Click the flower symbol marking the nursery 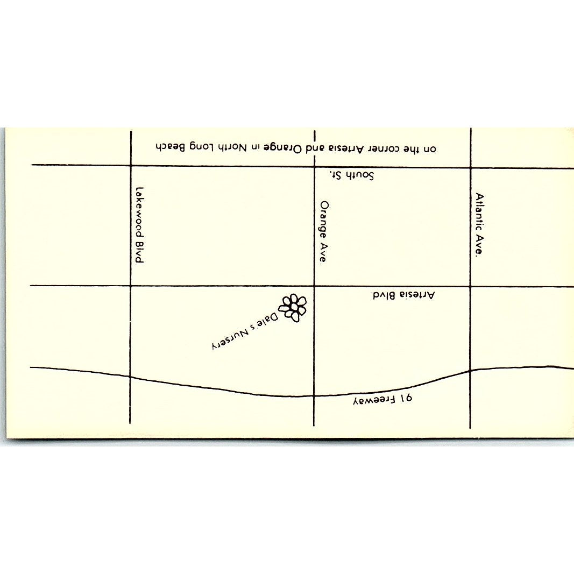293,308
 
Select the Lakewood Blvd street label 139,225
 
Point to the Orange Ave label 323,231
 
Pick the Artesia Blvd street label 403,295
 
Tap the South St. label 352,175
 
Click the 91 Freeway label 382,400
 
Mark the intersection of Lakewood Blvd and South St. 131,165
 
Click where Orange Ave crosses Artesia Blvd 314,286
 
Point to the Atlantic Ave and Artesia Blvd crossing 471,286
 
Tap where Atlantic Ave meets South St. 471,167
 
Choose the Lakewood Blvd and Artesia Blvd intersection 131,286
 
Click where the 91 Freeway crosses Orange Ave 314,396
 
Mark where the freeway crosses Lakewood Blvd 131,377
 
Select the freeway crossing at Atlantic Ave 471,371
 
